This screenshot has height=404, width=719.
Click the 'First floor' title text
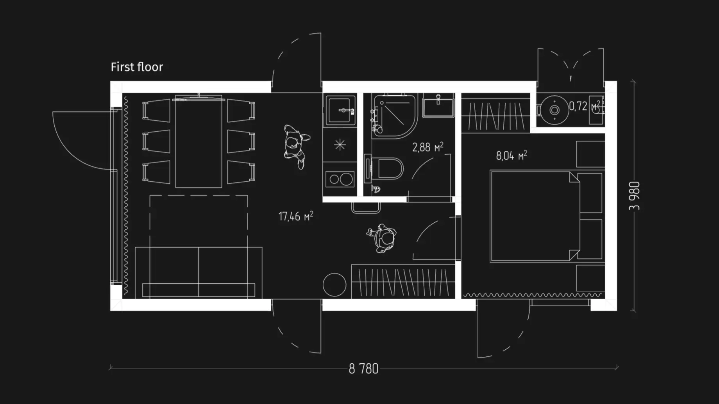coord(137,67)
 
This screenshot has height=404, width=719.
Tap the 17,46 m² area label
coord(296,216)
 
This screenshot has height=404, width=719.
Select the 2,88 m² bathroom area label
coord(428,147)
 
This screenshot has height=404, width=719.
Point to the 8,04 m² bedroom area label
coord(512,156)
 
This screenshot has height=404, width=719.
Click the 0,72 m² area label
coord(584,106)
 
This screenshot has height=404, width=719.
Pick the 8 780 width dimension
coord(363,368)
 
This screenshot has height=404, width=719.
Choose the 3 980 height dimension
coord(635,196)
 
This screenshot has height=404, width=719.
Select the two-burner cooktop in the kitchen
coord(340,180)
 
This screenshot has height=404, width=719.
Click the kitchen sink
coord(340,111)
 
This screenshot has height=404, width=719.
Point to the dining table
coord(199,141)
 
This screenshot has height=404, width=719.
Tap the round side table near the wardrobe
coord(334,284)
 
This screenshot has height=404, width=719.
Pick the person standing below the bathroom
coord(381,238)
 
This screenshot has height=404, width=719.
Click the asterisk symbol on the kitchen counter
coord(340,145)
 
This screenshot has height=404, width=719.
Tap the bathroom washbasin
coord(438,105)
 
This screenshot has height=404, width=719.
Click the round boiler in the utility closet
coord(554,110)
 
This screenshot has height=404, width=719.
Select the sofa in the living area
coord(199,272)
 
